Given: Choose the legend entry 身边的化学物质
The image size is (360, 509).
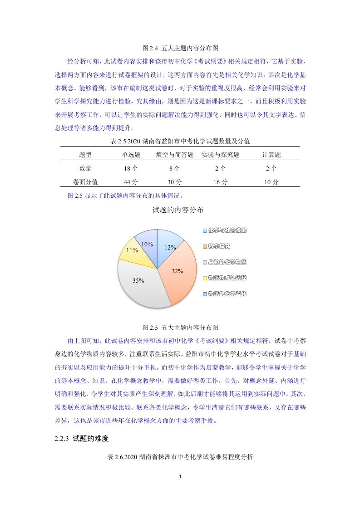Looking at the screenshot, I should coord(227,262).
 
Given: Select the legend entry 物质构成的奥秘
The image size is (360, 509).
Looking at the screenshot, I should coord(227,278).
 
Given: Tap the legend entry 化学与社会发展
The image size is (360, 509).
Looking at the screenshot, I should coord(227,230).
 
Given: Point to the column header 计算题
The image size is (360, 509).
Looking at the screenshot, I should coord(271,155).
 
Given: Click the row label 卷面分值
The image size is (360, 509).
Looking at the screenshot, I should coord(85,182).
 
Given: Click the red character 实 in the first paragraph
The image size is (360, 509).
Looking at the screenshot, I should coord(293,61).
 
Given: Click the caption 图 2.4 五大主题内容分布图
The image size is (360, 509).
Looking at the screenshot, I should coord(181,47).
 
